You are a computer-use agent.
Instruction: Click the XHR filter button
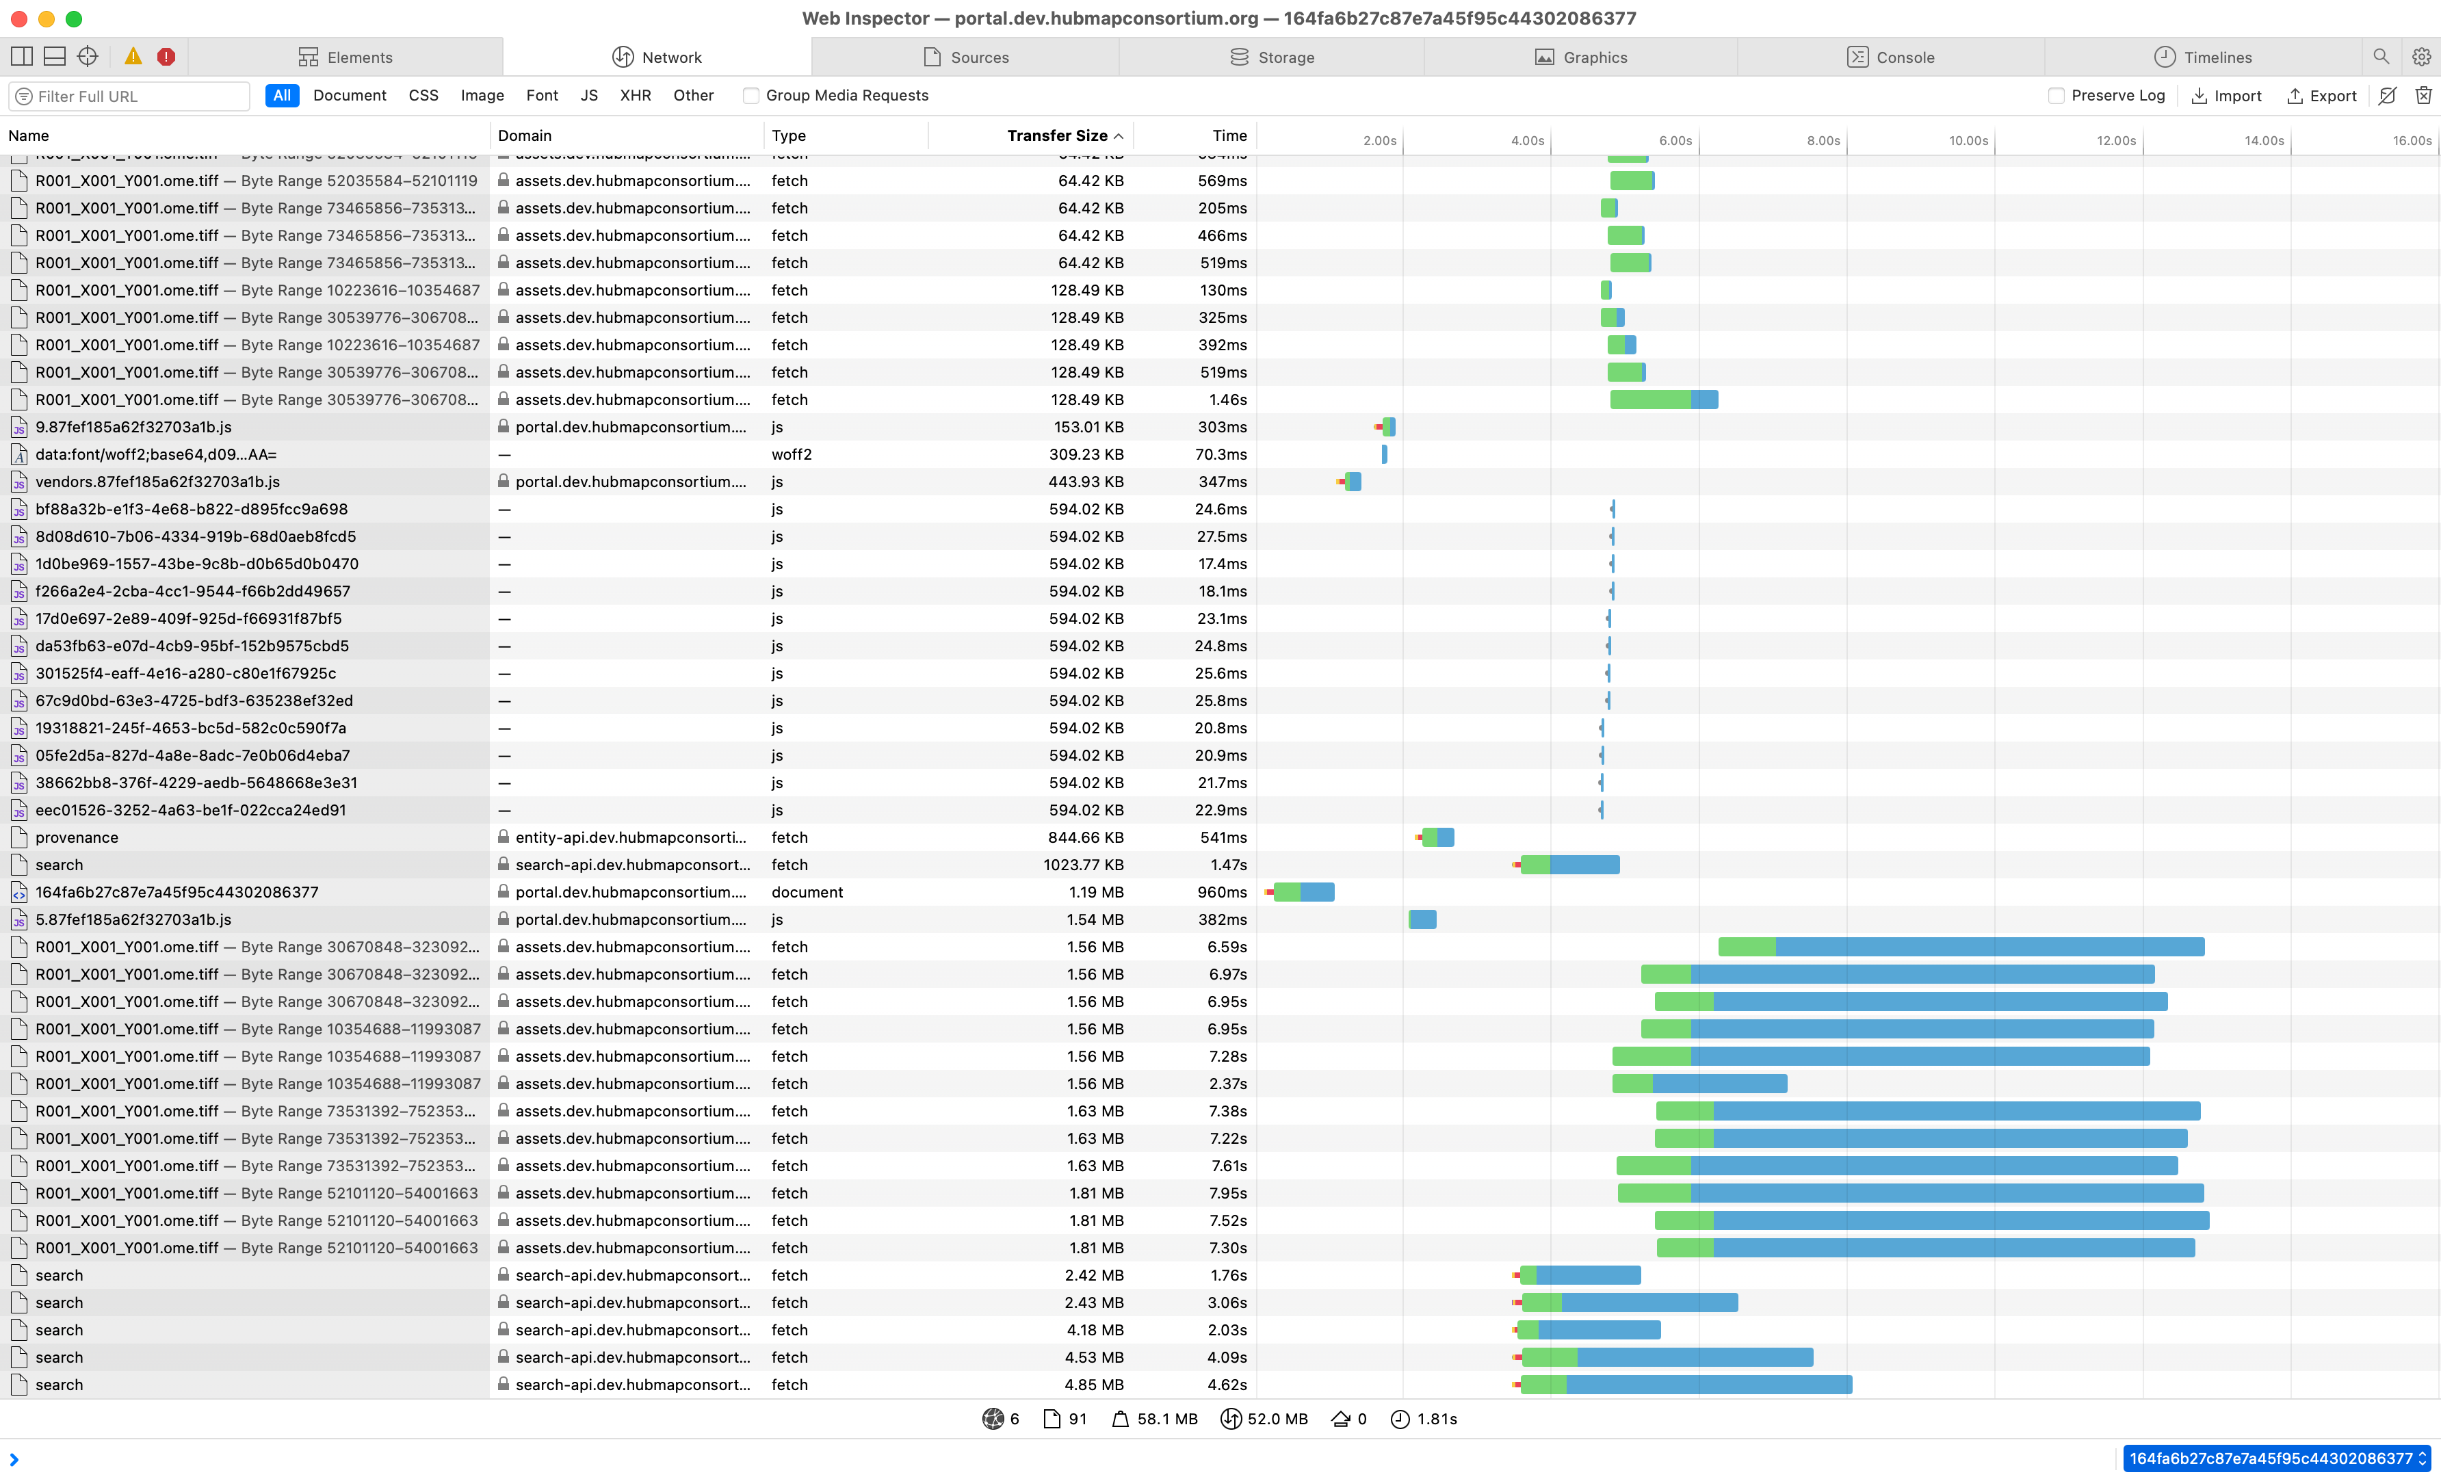[x=635, y=95]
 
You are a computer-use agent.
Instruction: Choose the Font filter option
[x=542, y=95]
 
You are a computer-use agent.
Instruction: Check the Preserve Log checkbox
[x=2057, y=95]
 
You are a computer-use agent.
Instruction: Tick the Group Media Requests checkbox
[x=751, y=95]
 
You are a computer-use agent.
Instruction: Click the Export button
[x=2321, y=95]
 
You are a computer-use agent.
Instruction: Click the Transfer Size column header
[x=1056, y=135]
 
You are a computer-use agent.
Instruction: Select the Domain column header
[x=525, y=135]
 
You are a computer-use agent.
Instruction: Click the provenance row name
[x=77, y=837]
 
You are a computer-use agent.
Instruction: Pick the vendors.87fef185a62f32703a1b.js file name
[x=157, y=482]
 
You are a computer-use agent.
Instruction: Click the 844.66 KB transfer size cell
[x=1085, y=837]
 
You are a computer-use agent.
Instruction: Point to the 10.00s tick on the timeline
[x=1968, y=141]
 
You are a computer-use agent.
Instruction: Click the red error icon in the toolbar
[x=166, y=57]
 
